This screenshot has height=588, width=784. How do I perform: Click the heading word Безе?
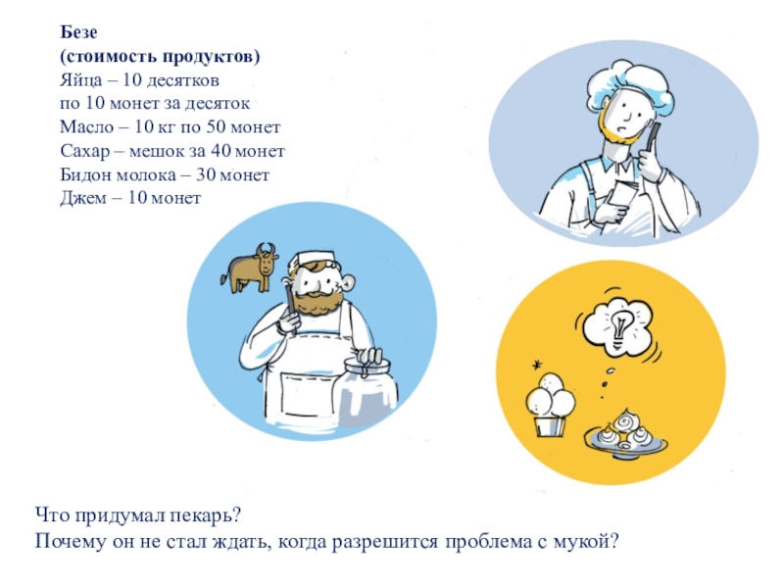coord(78,32)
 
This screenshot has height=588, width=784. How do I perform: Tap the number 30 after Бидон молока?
coord(206,175)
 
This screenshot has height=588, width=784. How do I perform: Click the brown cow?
coord(250,267)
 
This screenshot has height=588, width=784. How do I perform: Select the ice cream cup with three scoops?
coord(550,404)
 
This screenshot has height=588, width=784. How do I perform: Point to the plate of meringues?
coord(626,435)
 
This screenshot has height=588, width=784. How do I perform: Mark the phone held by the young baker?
coord(652,136)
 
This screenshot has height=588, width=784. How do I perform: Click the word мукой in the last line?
coord(586,542)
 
